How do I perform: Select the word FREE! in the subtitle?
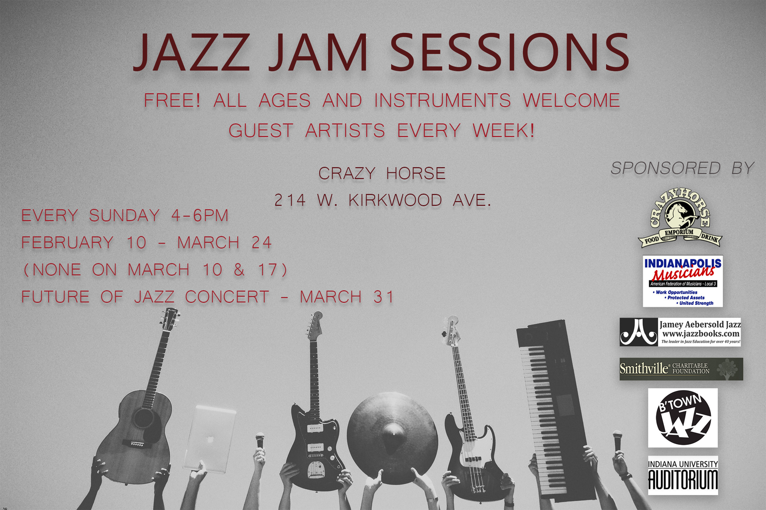pos(172,100)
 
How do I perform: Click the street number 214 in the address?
pos(290,200)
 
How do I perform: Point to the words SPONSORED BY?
pos(682,168)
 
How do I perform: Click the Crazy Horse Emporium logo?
pos(680,218)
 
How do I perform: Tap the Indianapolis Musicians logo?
pos(683,281)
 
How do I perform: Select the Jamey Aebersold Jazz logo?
pos(680,332)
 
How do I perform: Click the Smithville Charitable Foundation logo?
pos(681,369)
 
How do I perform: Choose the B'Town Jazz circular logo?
pos(683,418)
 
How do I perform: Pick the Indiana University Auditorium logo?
pos(683,475)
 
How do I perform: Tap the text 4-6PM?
pos(200,215)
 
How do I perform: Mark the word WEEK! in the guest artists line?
pos(504,131)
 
